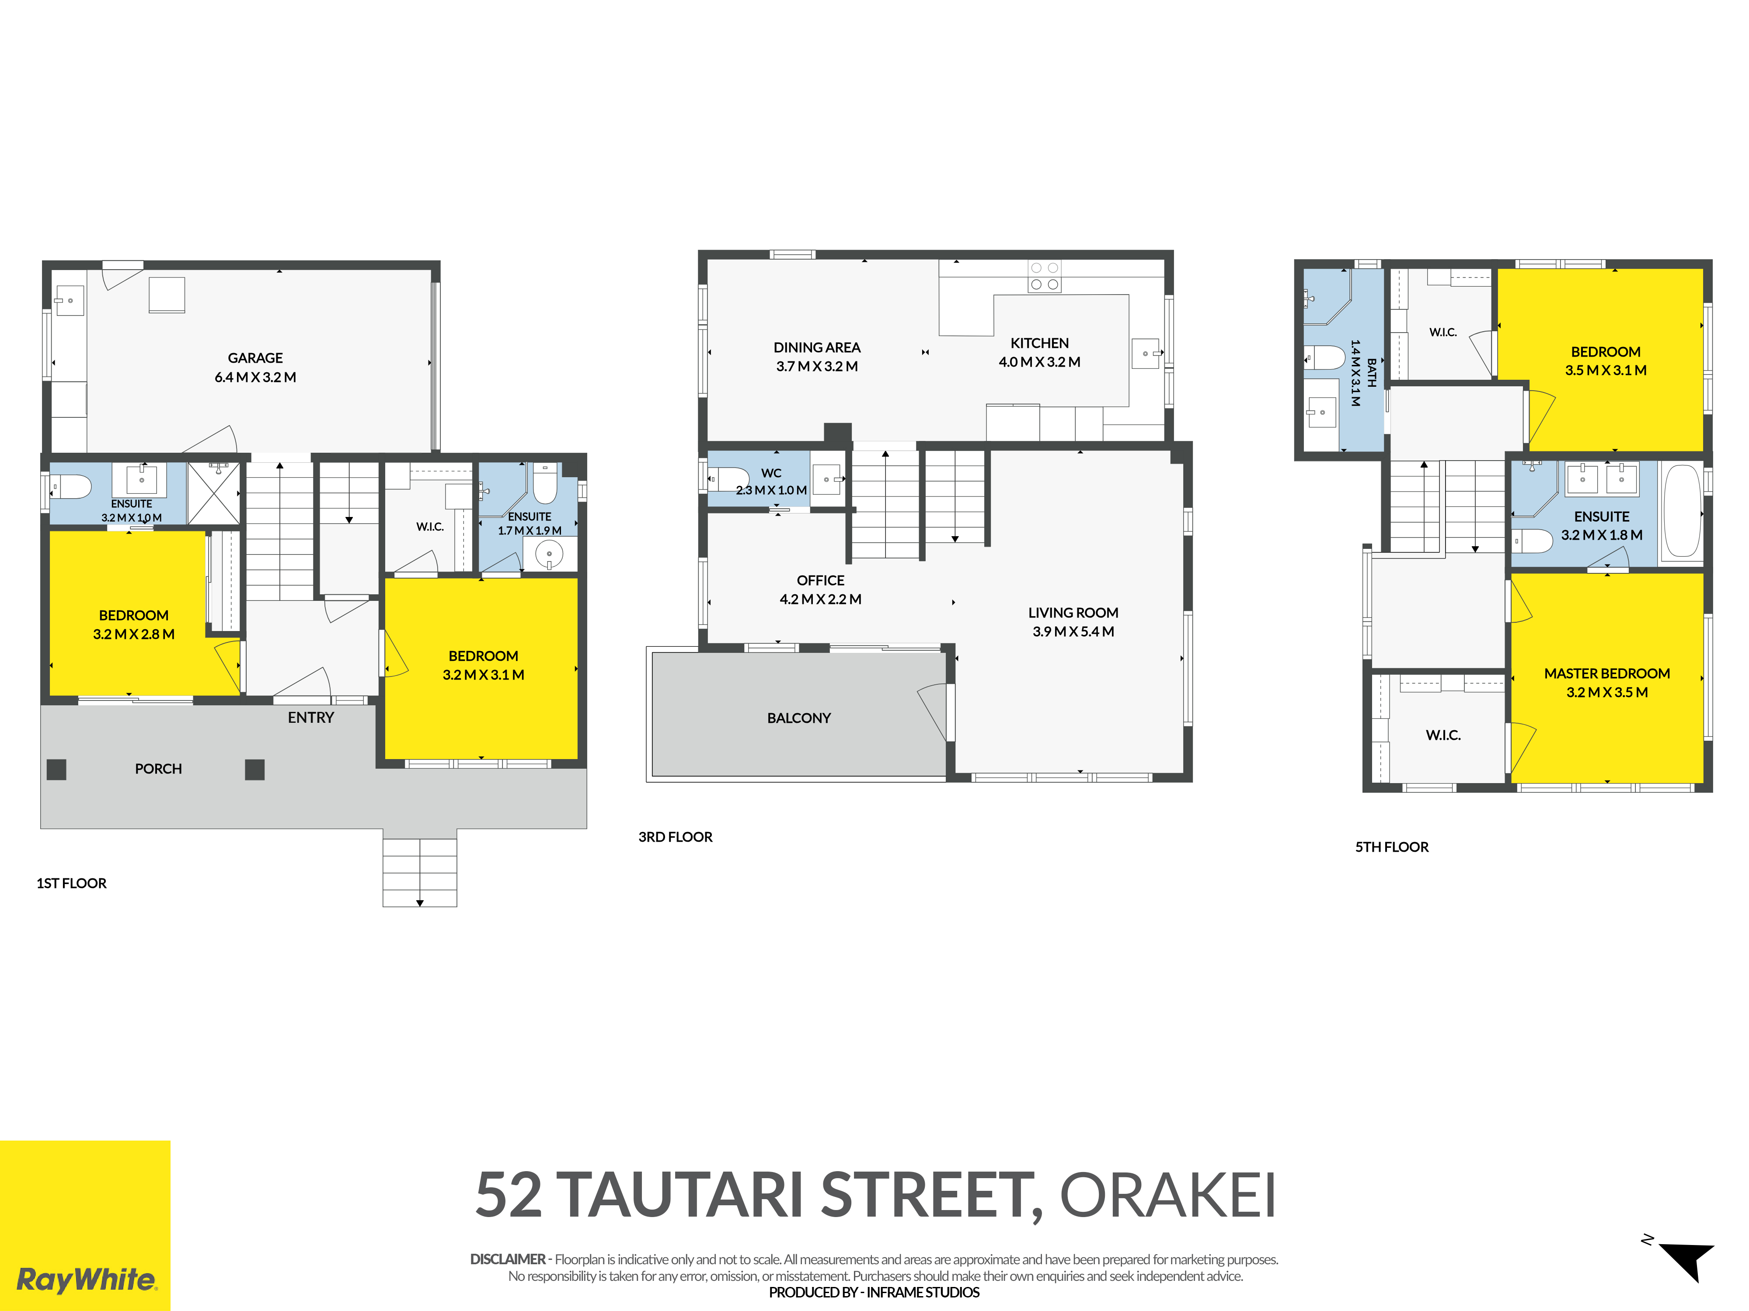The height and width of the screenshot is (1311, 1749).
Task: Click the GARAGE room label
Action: coord(255,358)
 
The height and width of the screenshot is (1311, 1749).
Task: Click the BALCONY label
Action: coord(798,718)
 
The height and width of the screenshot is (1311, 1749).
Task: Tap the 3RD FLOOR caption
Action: coord(675,837)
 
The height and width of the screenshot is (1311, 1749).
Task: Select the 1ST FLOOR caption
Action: coord(71,884)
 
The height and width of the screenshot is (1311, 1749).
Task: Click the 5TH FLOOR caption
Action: coord(1392,847)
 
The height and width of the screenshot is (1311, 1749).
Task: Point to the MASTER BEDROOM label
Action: coord(1607,673)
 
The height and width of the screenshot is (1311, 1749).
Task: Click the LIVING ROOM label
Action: coord(1073,612)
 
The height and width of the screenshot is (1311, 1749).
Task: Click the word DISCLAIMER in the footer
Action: coord(508,1259)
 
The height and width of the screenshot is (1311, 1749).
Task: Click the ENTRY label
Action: coord(311,718)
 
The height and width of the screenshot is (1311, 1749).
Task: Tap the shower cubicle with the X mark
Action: coord(213,493)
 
